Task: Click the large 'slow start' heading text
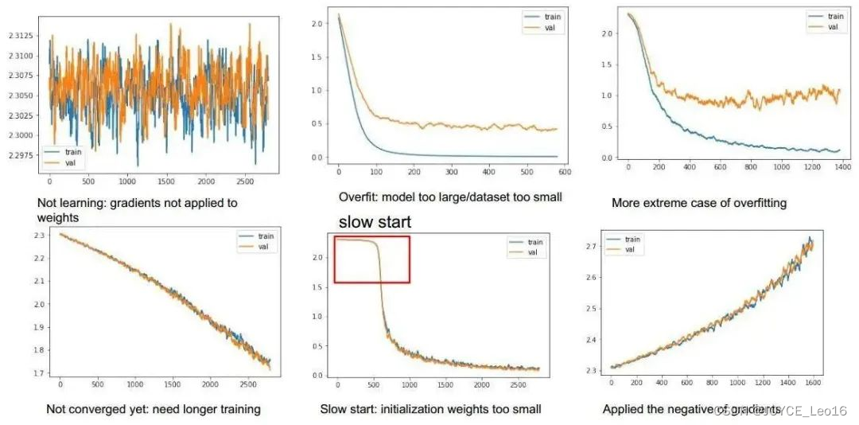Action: click(375, 222)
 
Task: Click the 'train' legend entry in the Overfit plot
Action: click(550, 17)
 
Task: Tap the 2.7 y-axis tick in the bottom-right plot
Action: click(592, 248)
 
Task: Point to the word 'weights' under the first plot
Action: click(59, 217)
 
